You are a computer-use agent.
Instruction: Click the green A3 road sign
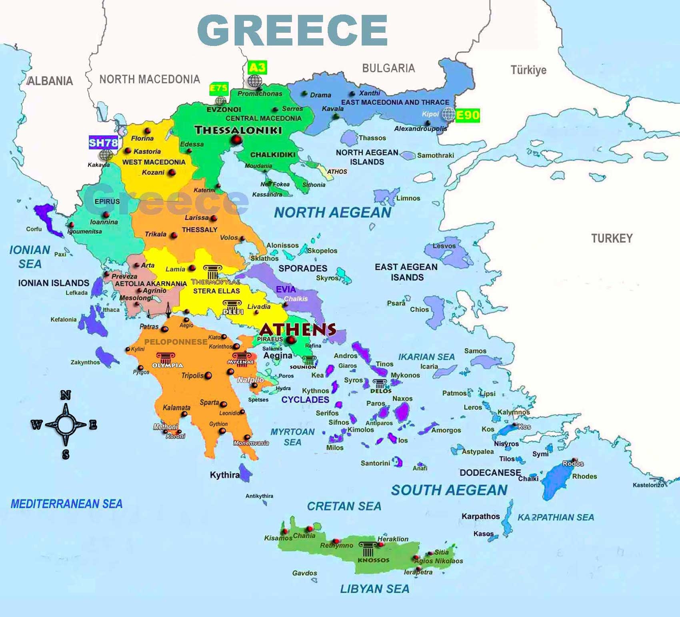[257, 67]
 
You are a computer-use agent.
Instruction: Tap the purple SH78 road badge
[103, 143]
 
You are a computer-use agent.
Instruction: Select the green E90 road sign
[468, 115]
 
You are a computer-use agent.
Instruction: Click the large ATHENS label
[298, 330]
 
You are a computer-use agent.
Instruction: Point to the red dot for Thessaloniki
[237, 140]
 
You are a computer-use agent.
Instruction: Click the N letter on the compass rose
[66, 396]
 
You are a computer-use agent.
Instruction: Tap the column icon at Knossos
[367, 549]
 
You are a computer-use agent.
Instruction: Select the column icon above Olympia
[166, 358]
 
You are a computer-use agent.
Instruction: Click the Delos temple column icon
[379, 384]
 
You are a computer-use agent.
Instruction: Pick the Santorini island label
[375, 463]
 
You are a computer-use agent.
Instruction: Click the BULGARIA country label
[388, 68]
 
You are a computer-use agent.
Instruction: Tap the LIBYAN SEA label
[374, 589]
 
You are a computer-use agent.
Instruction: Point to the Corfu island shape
[47, 218]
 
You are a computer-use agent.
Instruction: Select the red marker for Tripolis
[208, 376]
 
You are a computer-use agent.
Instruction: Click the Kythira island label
[224, 475]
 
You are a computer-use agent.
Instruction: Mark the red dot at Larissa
[214, 218]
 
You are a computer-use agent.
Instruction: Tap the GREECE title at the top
[292, 30]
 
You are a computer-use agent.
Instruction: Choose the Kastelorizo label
[648, 485]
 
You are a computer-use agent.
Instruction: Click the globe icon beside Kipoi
[448, 114]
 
